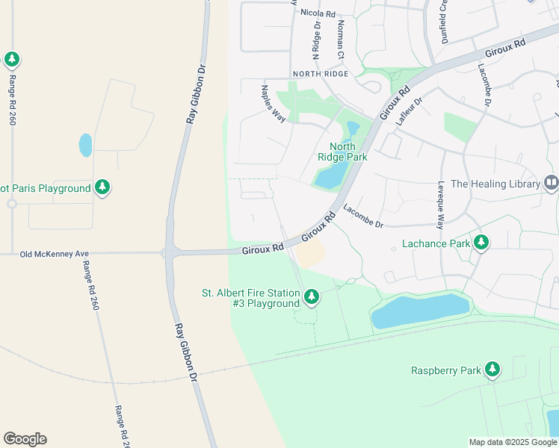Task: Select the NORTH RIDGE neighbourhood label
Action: coord(321,73)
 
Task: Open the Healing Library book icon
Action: coord(551,183)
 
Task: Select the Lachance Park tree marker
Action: coord(482,243)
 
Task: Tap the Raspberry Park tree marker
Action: coord(492,369)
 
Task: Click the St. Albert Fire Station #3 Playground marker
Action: coord(312,298)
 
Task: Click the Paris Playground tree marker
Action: coord(103,188)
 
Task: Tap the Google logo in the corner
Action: coord(25,439)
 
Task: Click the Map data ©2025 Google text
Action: coord(513,442)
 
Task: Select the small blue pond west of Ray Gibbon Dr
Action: coord(85,145)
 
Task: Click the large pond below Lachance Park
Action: coord(420,311)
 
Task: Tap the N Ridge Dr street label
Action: coord(316,40)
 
